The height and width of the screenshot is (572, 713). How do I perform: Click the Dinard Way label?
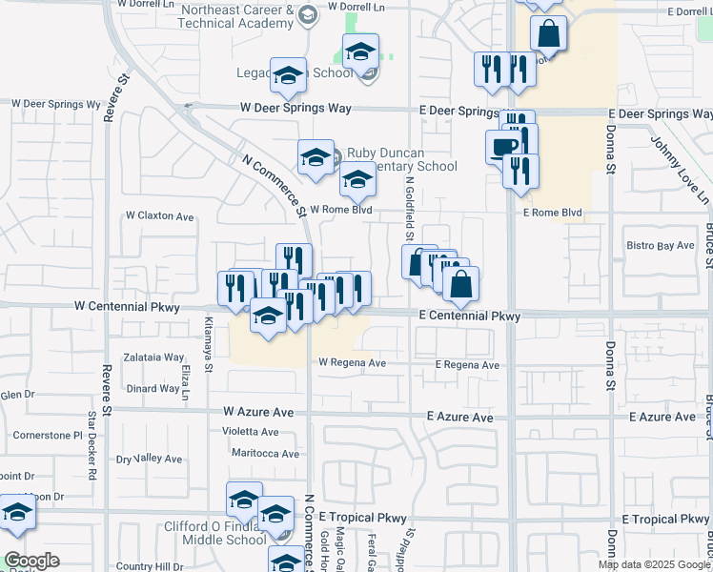coord(153,388)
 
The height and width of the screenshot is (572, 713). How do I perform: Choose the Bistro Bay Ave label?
coord(661,246)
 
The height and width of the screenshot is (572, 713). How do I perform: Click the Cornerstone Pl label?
coord(49,435)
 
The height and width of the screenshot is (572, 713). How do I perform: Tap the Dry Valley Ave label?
coord(149,459)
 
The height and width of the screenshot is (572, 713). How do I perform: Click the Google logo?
coord(31,560)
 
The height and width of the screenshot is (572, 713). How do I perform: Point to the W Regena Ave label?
coord(352,362)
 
